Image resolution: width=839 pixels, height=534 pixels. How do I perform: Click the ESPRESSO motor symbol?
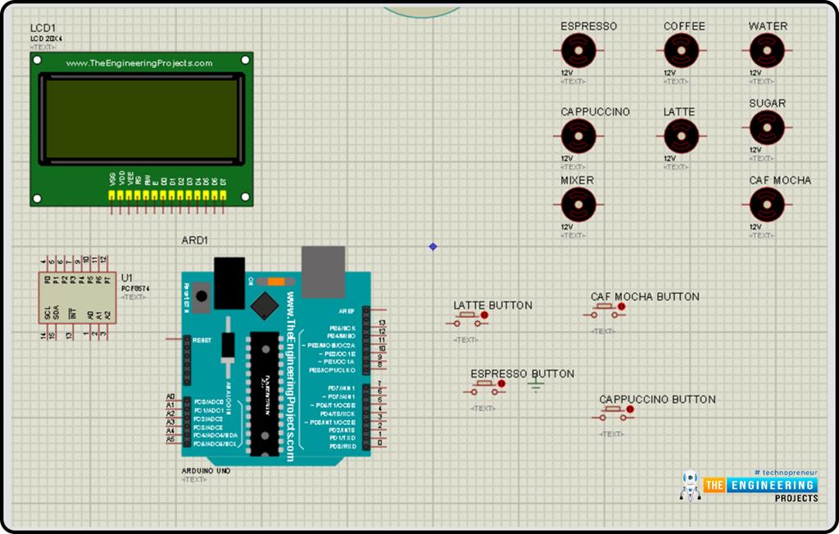coord(578,52)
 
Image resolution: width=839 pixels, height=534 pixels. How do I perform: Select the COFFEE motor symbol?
coord(681,52)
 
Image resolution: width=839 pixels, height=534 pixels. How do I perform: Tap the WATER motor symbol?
coord(767,52)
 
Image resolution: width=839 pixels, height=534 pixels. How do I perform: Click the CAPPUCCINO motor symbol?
coord(578,136)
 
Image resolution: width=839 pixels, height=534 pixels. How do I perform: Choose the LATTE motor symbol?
coord(681,136)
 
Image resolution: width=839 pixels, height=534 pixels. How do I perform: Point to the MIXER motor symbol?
coord(578,205)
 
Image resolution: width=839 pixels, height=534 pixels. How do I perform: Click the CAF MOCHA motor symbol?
coord(767,205)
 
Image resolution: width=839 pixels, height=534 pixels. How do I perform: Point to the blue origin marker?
coord(433,247)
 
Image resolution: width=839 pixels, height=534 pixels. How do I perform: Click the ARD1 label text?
coord(195,241)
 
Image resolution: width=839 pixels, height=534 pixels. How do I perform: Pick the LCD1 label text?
coord(43,28)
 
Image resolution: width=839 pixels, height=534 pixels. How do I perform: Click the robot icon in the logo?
coord(690,486)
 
